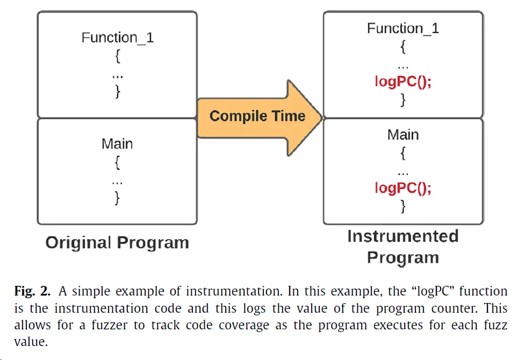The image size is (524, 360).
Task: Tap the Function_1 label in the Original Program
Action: [117, 38]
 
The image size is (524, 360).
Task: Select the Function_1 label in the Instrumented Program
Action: [403, 28]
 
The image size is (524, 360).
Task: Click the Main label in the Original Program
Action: [117, 144]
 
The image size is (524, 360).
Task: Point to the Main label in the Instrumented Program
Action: [403, 135]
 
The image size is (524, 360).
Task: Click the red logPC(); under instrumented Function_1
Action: [403, 81]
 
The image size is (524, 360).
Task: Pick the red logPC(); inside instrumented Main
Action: [403, 188]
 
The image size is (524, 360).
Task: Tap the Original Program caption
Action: [117, 243]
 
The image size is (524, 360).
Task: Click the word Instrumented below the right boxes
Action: [403, 236]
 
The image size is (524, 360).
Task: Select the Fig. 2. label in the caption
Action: [32, 291]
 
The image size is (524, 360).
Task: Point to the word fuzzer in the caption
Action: [109, 325]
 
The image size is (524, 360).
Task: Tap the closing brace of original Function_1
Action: [118, 91]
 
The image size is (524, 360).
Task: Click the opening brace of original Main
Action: [117, 163]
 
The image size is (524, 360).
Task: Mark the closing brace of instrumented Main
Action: [403, 206]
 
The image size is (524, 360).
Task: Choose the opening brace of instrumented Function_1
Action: [403, 47]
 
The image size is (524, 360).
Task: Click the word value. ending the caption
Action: [31, 342]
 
